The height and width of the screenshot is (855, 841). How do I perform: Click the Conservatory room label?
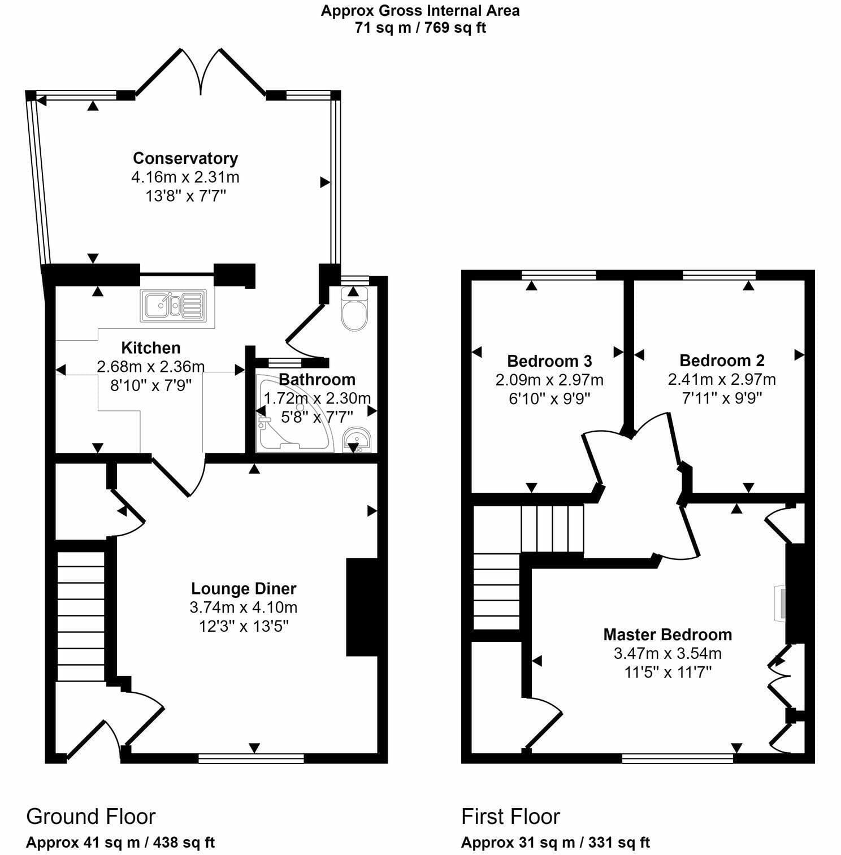185,158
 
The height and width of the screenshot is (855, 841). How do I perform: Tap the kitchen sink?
174,306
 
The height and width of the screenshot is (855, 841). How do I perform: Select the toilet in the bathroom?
354,309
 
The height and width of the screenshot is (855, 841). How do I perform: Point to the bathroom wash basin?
356,440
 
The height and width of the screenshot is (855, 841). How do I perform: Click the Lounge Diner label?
244,589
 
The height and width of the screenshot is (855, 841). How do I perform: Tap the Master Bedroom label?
667,635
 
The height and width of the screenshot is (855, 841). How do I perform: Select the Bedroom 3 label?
549,361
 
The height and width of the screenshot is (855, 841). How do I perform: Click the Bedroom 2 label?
722,361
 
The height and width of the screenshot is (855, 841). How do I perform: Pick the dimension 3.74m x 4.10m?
244,608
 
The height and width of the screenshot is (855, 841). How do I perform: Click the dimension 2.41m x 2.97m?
722,379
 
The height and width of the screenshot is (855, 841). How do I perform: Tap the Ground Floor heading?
90,817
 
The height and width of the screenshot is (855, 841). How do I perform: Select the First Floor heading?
510,817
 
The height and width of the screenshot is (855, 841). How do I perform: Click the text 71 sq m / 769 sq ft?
420,27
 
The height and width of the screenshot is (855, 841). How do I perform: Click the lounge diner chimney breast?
362,607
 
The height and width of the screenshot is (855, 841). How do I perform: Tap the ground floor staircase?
81,617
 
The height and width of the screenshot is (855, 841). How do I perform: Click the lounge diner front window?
251,758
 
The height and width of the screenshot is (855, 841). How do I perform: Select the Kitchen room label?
151,348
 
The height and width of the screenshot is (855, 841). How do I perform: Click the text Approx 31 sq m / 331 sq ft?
555,843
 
